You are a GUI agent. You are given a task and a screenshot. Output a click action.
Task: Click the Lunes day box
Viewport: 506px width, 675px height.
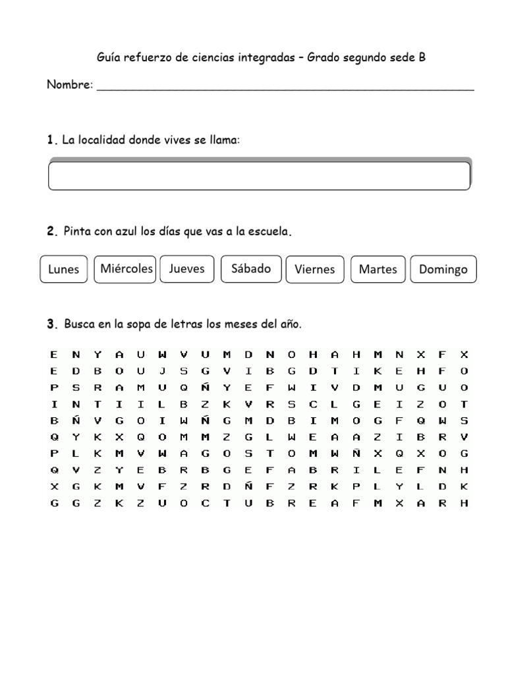64,269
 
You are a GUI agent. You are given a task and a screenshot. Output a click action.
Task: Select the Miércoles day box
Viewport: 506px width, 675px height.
125,269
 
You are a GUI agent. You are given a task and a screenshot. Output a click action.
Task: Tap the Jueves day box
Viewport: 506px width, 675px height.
187,268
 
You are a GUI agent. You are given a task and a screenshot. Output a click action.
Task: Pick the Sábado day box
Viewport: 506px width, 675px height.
251,268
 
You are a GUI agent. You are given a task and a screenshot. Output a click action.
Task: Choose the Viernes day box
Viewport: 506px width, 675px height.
315,269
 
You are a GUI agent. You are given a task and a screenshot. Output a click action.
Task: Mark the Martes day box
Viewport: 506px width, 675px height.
378,269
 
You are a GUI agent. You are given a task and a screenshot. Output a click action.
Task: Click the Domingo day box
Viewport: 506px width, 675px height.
443,269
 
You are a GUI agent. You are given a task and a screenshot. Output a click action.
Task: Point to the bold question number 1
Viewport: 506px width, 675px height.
50,140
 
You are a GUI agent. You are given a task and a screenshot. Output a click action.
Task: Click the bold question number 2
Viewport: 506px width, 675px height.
51,232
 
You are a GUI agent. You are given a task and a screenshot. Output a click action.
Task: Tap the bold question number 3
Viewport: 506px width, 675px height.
51,324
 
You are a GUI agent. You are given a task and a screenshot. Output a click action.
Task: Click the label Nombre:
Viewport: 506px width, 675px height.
70,86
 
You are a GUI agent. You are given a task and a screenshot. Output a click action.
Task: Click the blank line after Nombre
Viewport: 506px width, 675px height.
285,88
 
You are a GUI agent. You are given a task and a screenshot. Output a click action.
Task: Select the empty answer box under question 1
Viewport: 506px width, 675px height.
259,175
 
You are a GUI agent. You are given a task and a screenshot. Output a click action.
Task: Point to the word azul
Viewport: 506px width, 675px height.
124,232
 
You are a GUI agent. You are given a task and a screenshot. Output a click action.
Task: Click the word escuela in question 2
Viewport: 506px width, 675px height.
269,232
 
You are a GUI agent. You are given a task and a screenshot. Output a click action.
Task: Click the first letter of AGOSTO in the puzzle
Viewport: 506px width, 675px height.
183,454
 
